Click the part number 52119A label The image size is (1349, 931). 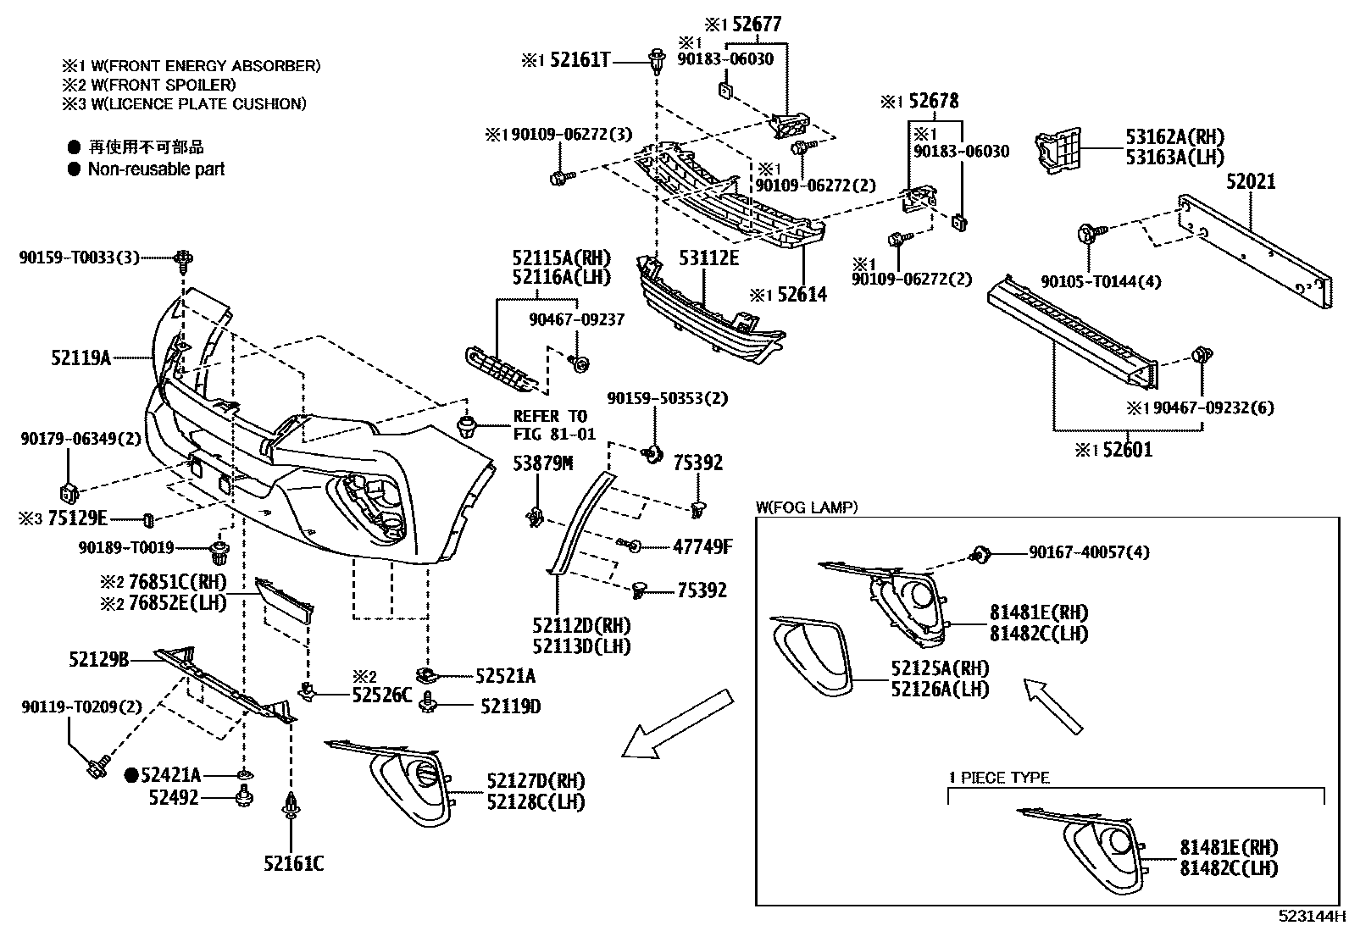[80, 358]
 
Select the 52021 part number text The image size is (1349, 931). [1251, 181]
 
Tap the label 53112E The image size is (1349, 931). [708, 258]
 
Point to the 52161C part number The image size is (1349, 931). [293, 863]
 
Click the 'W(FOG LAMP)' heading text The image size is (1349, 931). [807, 507]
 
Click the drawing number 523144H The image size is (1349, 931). [1312, 916]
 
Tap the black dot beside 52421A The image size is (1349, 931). [131, 774]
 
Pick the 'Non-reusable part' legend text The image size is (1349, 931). [157, 169]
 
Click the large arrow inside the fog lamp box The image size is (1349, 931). [1052, 705]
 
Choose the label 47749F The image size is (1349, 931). [702, 546]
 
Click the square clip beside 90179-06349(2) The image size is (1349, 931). [69, 490]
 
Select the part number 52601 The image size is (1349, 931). [1127, 450]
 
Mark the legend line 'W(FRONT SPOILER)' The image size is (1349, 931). [148, 85]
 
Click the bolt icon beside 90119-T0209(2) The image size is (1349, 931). [95, 768]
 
